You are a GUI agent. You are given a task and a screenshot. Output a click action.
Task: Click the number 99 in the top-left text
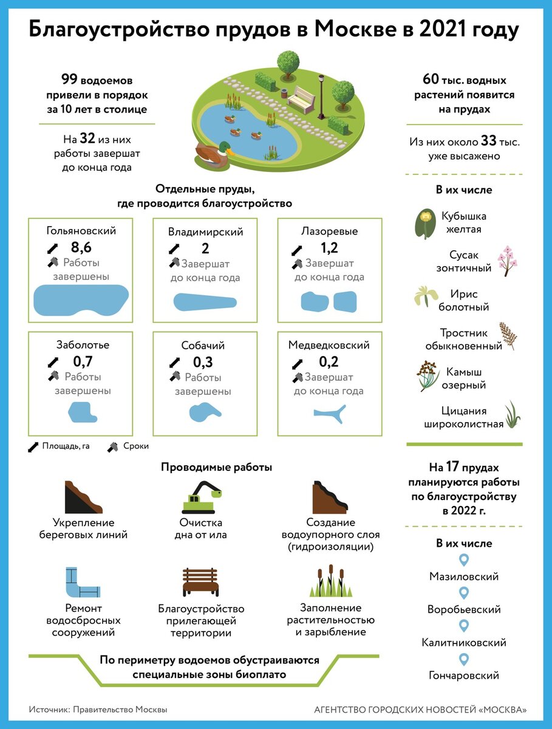pyautogui.click(x=69, y=79)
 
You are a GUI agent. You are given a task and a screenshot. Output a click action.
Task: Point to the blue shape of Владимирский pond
pyautogui.click(x=205, y=302)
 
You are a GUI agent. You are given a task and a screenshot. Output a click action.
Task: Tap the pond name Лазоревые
pyautogui.click(x=330, y=231)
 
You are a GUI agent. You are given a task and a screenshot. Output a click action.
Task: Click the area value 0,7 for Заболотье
pyautogui.click(x=83, y=362)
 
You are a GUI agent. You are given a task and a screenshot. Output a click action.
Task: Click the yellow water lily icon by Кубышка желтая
pyautogui.click(x=426, y=224)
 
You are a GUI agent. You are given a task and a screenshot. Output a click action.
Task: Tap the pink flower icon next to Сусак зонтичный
pyautogui.click(x=508, y=261)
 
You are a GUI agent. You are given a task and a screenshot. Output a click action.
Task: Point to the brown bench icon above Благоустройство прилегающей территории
pyautogui.click(x=200, y=583)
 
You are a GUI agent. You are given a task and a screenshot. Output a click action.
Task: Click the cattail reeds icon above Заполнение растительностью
pyautogui.click(x=330, y=582)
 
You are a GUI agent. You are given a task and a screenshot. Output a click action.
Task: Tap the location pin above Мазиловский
pyautogui.click(x=465, y=560)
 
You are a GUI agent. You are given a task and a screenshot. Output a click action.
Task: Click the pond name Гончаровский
pyautogui.click(x=464, y=676)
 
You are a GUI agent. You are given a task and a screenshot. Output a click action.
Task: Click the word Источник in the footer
pyautogui.click(x=48, y=709)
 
